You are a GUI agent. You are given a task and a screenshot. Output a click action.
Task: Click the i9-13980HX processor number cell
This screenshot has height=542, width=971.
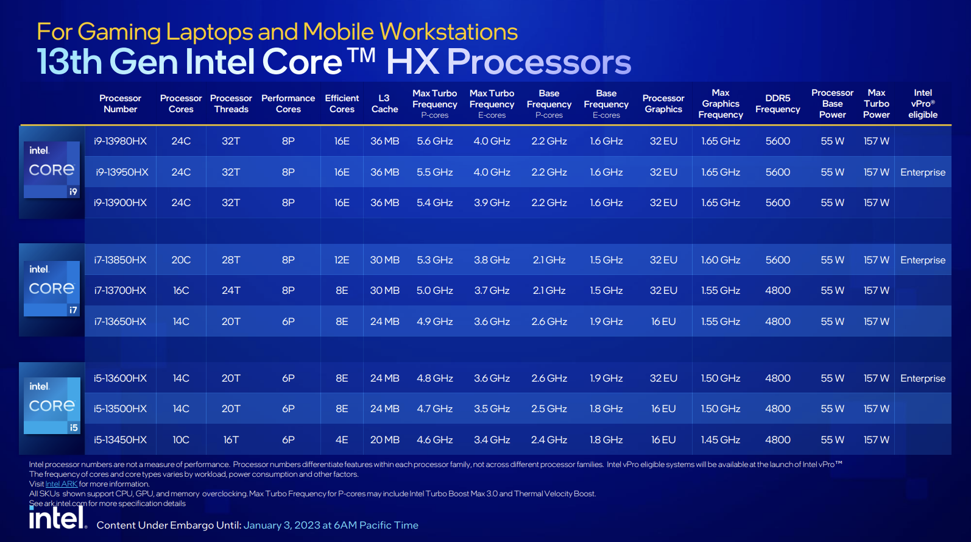[120, 141]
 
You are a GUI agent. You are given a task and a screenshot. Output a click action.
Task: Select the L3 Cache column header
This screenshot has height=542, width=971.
[384, 104]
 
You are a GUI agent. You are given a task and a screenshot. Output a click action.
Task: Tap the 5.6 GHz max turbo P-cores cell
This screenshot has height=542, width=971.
[435, 141]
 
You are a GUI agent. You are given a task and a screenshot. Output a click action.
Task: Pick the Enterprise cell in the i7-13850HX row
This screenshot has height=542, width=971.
[922, 260]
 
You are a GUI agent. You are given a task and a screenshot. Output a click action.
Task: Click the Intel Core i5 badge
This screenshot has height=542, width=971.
[52, 405]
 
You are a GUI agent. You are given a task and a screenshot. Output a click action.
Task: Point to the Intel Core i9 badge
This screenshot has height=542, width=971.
[52, 169]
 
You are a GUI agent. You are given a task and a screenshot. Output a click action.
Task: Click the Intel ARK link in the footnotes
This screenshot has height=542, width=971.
[61, 484]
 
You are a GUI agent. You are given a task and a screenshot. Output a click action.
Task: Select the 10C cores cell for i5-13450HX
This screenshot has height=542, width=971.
[181, 440]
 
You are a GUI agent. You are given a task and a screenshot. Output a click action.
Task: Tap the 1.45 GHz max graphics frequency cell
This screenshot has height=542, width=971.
[721, 440]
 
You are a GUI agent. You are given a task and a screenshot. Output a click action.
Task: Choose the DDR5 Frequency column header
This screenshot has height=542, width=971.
[778, 104]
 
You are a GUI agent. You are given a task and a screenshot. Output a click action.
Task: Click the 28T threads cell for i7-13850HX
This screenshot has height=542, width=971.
[231, 260]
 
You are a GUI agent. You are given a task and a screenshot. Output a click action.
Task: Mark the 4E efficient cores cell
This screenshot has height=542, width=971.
[342, 440]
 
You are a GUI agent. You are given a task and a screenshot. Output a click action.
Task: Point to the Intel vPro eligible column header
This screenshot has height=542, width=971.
[923, 104]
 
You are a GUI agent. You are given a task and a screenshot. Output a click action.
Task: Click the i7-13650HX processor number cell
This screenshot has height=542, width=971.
[120, 321]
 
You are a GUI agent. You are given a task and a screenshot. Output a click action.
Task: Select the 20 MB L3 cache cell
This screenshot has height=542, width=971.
[384, 440]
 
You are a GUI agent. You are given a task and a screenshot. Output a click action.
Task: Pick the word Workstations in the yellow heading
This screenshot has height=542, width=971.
[449, 32]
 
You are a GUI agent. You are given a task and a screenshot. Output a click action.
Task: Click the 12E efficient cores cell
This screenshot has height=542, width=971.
[342, 260]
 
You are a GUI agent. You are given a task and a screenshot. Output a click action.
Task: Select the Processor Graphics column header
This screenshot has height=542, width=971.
[663, 104]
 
